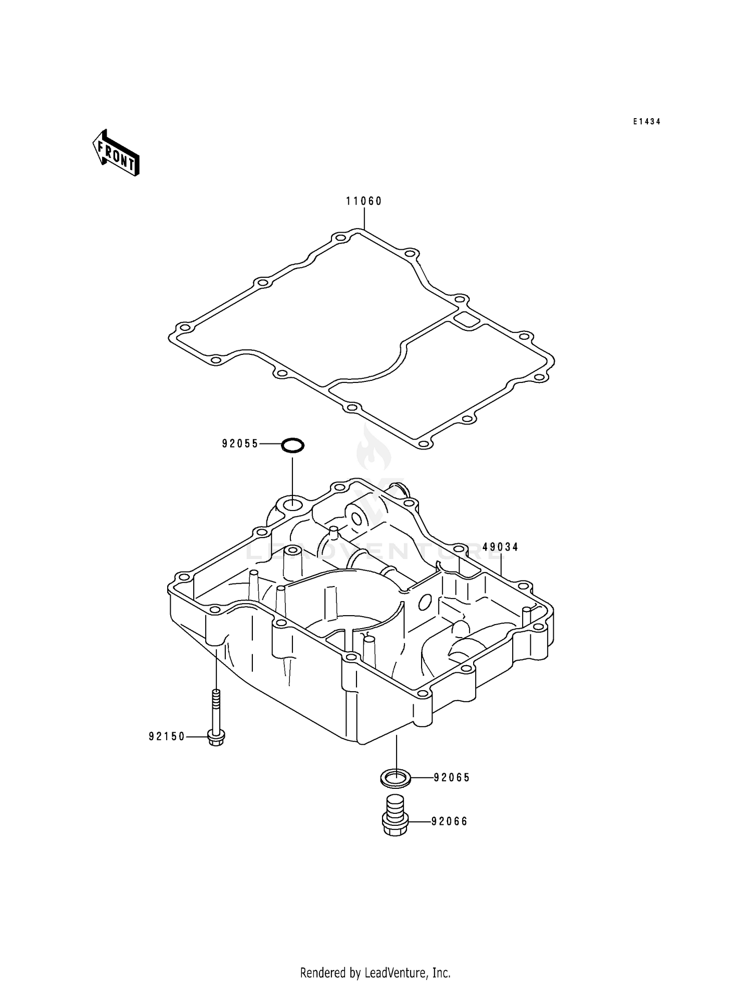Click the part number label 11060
[364, 201]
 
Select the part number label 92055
[240, 443]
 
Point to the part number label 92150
[167, 736]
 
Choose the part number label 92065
[452, 777]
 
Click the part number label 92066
[450, 821]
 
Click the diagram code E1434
[646, 122]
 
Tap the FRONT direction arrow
[116, 154]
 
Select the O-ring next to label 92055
[292, 444]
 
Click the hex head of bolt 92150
[216, 738]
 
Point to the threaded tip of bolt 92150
[216, 695]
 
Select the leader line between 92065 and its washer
[422, 777]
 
